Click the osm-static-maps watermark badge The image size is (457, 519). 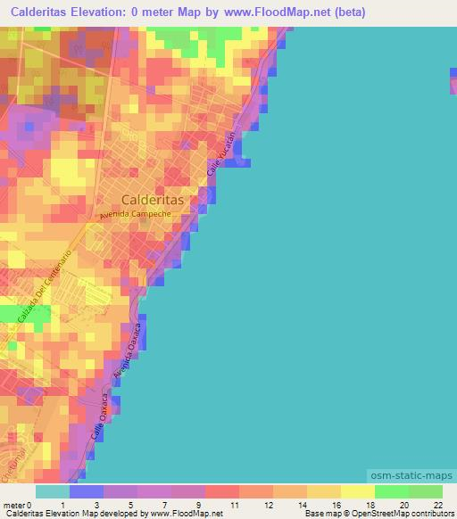click(411, 479)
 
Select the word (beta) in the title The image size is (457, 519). click(345, 13)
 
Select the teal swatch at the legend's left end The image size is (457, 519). click(53, 491)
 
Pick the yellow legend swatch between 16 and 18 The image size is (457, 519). click(357, 491)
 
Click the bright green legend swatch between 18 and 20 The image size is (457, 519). click(391, 491)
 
